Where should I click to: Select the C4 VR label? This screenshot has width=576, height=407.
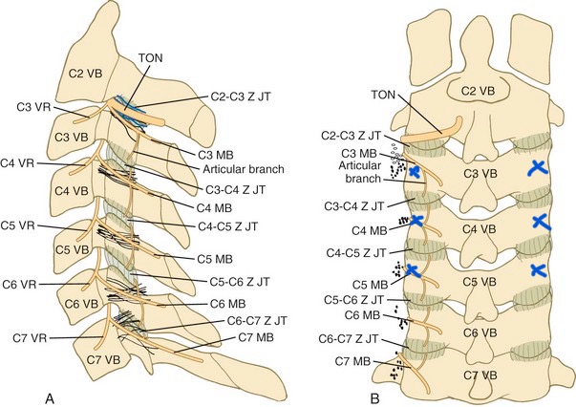point(19,164)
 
